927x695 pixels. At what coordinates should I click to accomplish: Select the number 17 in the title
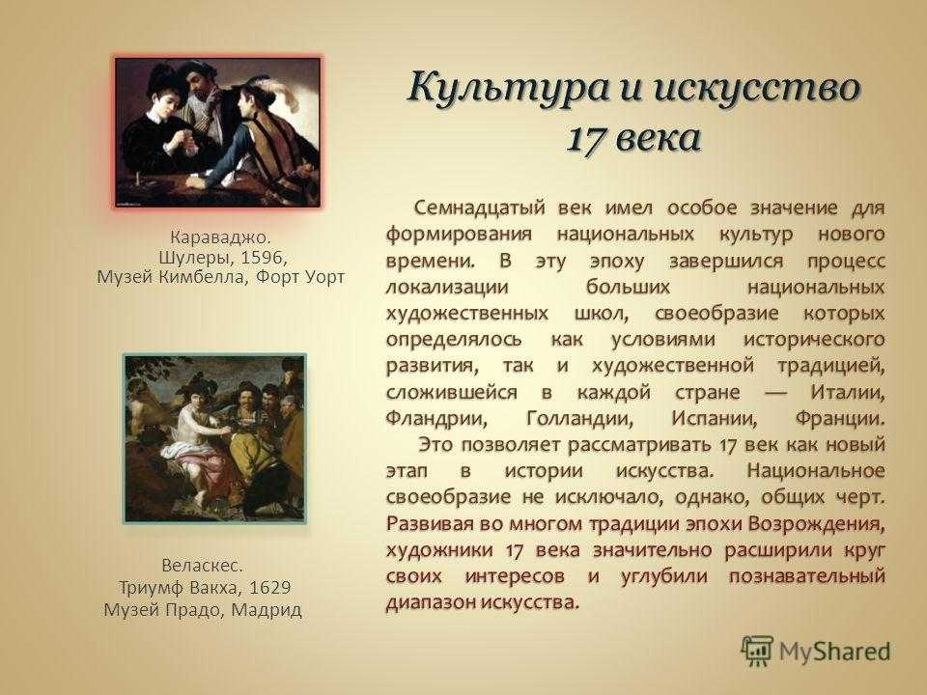click(586, 138)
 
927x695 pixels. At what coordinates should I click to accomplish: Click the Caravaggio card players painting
click(217, 132)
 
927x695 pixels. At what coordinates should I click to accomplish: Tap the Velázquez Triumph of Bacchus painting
click(214, 438)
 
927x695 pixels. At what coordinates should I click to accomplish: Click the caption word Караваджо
click(220, 237)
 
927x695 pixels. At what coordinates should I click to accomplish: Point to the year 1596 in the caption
click(263, 258)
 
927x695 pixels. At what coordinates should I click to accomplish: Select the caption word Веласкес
click(202, 566)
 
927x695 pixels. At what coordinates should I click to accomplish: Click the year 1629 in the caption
click(269, 588)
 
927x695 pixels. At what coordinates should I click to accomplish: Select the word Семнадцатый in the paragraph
click(480, 208)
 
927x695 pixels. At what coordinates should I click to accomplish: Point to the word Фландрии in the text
click(436, 419)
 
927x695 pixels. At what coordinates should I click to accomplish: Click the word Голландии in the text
click(579, 419)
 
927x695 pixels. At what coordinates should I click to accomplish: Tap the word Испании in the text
click(715, 419)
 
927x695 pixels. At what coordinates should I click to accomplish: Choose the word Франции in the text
click(840, 419)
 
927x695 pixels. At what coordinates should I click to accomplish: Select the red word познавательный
click(807, 576)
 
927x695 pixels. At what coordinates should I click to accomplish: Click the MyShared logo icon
click(757, 652)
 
